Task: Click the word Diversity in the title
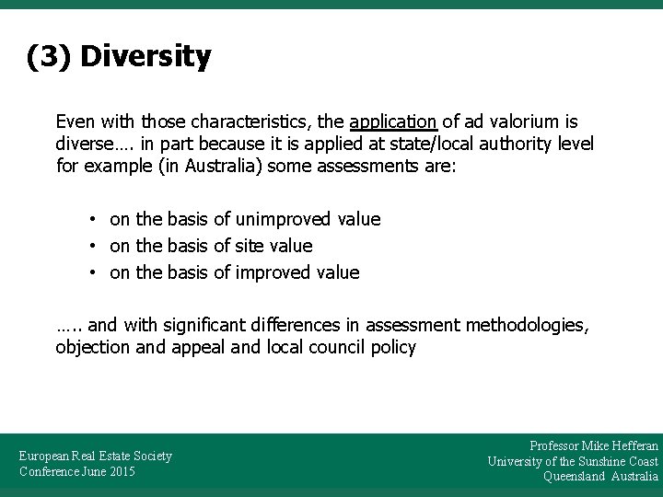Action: [145, 57]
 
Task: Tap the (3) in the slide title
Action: [50, 57]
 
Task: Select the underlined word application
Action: [393, 121]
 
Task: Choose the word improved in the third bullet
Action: [272, 272]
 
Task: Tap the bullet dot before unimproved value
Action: [94, 219]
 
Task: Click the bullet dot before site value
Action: [94, 246]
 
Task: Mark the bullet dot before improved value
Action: [94, 272]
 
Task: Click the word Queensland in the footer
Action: [575, 477]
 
